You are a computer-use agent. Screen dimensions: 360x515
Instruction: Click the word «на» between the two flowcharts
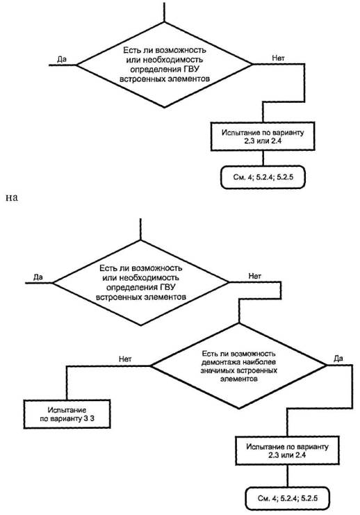pyautogui.click(x=12, y=198)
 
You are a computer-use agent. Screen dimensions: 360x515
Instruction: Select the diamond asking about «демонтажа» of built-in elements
pyautogui.click(x=238, y=366)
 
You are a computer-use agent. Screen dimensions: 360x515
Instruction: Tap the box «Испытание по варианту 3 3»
pyautogui.click(x=67, y=414)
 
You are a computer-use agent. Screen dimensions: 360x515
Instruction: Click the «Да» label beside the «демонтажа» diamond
pyautogui.click(x=338, y=359)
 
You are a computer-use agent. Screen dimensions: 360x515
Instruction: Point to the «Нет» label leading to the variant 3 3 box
pyautogui.click(x=125, y=359)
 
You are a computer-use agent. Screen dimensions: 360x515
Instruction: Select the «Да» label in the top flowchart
pyautogui.click(x=62, y=59)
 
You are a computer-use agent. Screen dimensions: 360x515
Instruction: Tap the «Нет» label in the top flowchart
pyautogui.click(x=278, y=58)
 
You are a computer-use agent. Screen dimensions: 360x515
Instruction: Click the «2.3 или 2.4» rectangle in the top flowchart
pyautogui.click(x=263, y=137)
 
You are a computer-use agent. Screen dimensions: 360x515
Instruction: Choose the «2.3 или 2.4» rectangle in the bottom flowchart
pyautogui.click(x=287, y=450)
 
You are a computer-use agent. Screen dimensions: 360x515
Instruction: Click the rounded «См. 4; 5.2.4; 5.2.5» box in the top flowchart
pyautogui.click(x=263, y=177)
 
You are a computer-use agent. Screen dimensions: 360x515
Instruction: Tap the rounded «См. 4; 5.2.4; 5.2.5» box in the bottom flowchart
pyautogui.click(x=287, y=498)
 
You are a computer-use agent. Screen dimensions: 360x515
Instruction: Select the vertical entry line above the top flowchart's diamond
pyautogui.click(x=164, y=12)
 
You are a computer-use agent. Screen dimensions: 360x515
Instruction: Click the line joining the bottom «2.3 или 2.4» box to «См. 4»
pyautogui.click(x=287, y=476)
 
